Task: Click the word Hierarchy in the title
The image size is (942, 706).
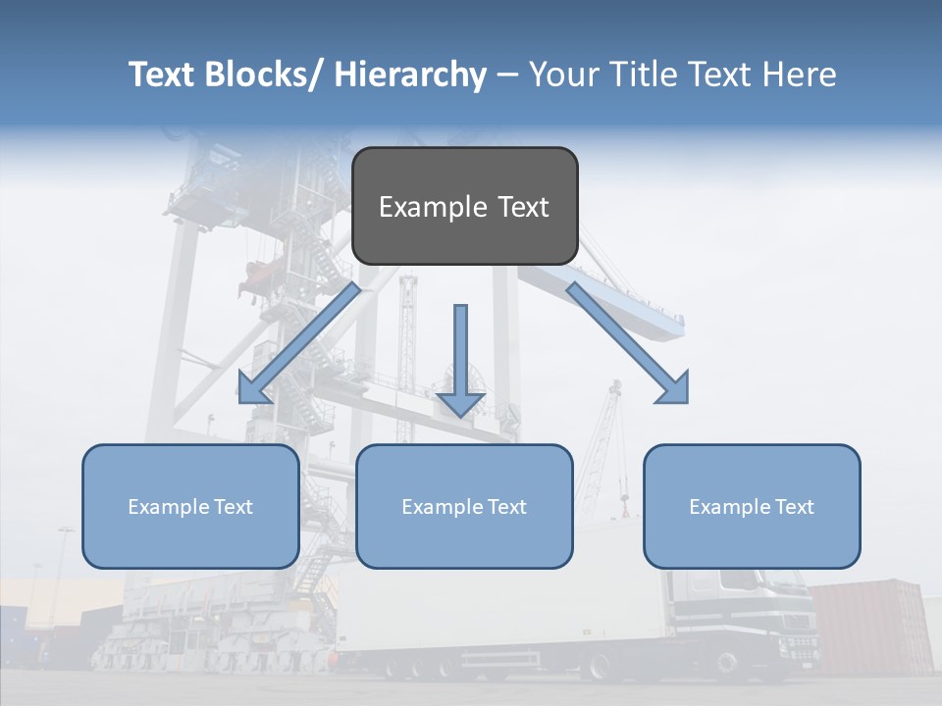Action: pos(410,75)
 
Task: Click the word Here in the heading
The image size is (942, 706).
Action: pos(800,75)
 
